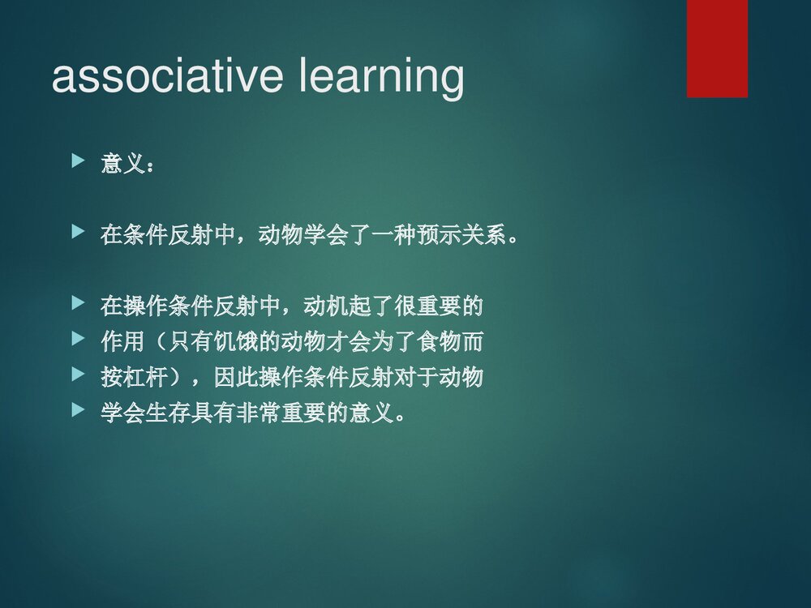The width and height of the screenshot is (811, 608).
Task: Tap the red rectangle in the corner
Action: point(717,49)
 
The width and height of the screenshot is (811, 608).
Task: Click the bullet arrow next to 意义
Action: point(78,162)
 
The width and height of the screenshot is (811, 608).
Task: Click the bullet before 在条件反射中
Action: point(78,233)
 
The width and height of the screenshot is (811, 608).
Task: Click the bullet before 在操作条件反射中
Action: point(78,304)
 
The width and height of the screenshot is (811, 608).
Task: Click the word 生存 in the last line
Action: point(169,413)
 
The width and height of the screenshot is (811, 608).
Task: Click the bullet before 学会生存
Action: point(78,411)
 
